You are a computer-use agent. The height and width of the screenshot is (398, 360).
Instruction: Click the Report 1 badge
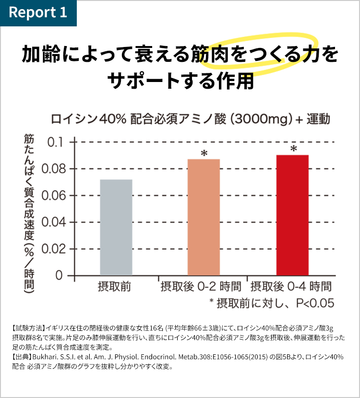(38, 13)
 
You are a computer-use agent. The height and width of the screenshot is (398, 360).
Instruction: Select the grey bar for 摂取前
(116, 227)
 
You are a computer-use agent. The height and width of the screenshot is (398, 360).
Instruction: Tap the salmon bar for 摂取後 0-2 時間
(204, 217)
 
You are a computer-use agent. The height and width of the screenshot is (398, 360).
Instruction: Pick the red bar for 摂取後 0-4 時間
(292, 215)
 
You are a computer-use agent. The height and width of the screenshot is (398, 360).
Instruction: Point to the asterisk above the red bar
(293, 149)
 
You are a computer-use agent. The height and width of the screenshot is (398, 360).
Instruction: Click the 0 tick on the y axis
(59, 276)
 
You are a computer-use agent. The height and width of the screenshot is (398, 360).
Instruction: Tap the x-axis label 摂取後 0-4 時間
(291, 287)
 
